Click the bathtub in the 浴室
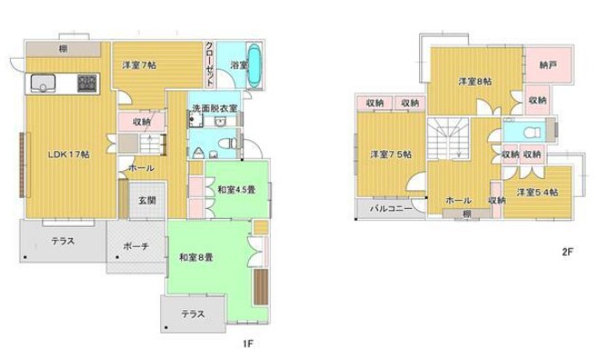(x=254, y=65)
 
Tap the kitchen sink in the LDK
(x=43, y=83)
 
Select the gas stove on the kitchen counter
(x=87, y=83)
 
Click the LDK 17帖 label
(x=69, y=155)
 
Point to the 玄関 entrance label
(x=148, y=200)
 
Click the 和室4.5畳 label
(x=236, y=190)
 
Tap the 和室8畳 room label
(x=196, y=257)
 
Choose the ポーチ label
(x=136, y=246)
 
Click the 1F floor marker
(x=248, y=344)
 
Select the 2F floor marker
(x=567, y=251)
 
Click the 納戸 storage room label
(x=548, y=65)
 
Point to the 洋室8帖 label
(x=475, y=81)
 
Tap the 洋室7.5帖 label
(x=391, y=155)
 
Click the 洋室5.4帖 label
(x=538, y=192)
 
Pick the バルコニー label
(x=391, y=209)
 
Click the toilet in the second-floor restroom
(x=532, y=133)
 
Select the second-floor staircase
(x=447, y=138)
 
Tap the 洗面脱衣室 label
(x=214, y=108)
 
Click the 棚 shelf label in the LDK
(x=63, y=49)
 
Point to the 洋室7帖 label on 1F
(x=139, y=65)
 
